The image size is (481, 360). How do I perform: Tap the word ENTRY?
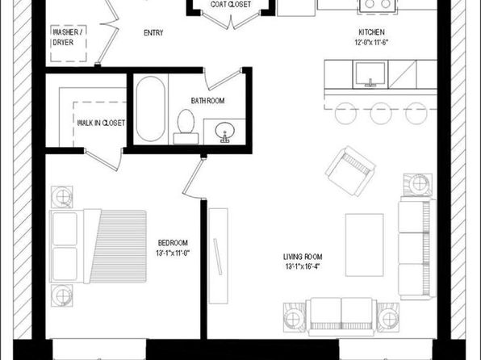(x=153, y=32)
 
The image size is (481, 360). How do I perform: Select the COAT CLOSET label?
(x=230, y=4)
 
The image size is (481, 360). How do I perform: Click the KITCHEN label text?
(x=371, y=32)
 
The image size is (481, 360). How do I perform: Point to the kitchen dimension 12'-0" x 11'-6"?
(x=371, y=42)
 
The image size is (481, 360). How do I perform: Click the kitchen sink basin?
(x=370, y=73)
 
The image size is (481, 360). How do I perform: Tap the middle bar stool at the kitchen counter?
(x=381, y=113)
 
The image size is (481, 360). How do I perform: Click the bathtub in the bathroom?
(x=151, y=109)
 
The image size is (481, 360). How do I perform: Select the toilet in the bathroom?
(x=186, y=127)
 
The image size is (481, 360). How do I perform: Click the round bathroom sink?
(x=225, y=131)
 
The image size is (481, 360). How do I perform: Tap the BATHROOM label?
(x=207, y=101)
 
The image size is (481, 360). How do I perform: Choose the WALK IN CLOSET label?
(x=101, y=123)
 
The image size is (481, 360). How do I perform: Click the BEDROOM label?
(x=173, y=243)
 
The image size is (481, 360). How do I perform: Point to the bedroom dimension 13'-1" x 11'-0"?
(x=173, y=253)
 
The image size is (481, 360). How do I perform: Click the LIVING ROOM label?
(x=303, y=256)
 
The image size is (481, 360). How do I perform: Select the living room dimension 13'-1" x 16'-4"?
(x=303, y=266)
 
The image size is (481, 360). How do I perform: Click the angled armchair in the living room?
(x=350, y=171)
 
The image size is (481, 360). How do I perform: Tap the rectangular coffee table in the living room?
(x=365, y=245)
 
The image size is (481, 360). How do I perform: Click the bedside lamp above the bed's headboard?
(x=62, y=196)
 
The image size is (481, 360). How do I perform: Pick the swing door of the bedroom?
(x=193, y=178)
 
